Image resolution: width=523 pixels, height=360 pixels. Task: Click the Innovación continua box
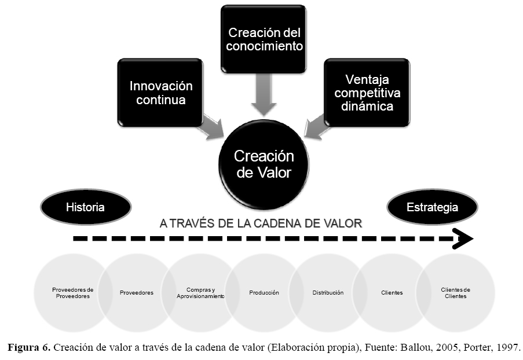pos(161,93)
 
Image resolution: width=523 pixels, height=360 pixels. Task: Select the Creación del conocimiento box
pos(265,39)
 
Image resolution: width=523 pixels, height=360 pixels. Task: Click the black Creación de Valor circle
pos(264,164)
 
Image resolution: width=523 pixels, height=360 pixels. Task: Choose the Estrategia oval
pos(432,207)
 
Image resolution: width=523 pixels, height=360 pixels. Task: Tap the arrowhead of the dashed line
pos(463,238)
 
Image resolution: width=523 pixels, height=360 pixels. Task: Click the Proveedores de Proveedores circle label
pos(72,293)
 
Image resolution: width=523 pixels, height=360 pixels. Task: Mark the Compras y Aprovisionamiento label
pos(200,293)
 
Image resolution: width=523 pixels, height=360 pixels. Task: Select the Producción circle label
pos(264,293)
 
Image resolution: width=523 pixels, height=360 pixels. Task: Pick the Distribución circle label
pos(328,293)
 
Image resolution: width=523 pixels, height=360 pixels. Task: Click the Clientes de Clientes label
pos(456,293)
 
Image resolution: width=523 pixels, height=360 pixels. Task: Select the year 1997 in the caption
pos(509,347)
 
